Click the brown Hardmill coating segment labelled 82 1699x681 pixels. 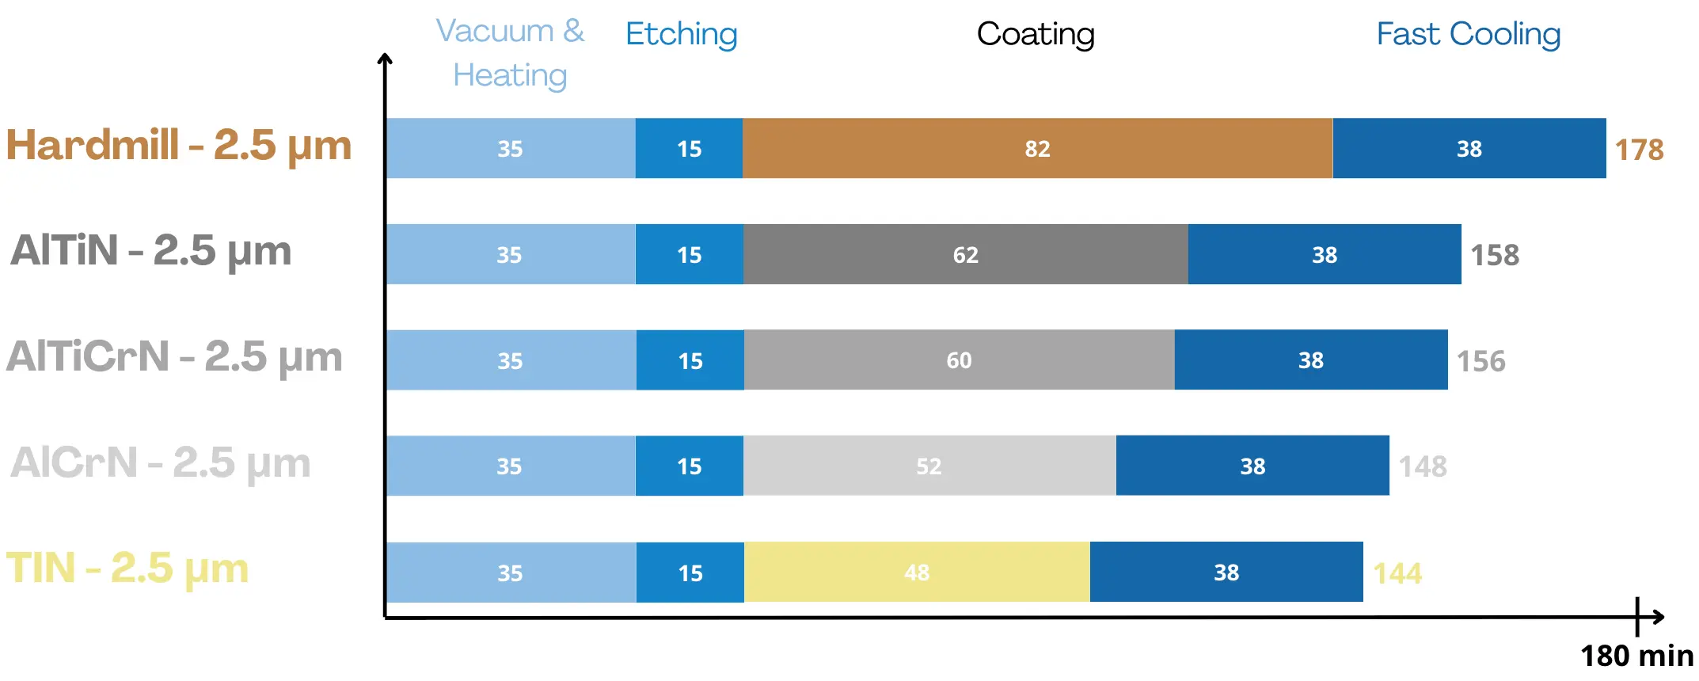(x=1037, y=148)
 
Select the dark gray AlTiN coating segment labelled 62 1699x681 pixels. (x=966, y=254)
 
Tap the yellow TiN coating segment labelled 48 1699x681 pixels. (x=917, y=572)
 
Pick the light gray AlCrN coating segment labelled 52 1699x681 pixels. (x=929, y=466)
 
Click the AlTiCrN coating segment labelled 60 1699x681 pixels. (x=960, y=360)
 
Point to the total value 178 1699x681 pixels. (x=1639, y=150)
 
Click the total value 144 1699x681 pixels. (x=1397, y=573)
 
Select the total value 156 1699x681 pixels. (x=1481, y=361)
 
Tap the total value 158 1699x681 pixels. (x=1495, y=255)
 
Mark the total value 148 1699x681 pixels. (x=1423, y=466)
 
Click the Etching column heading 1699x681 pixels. (x=682, y=34)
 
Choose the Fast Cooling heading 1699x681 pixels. (x=1469, y=34)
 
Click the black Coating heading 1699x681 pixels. (x=1036, y=34)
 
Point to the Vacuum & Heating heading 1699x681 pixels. (x=511, y=53)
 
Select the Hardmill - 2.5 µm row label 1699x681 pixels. (x=179, y=146)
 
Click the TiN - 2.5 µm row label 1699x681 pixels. (x=127, y=569)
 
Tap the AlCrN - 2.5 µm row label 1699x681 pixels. (x=161, y=462)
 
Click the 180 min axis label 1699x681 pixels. (x=1637, y=656)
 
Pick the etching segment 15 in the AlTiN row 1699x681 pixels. (x=690, y=254)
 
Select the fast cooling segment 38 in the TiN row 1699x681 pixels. (x=1226, y=572)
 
